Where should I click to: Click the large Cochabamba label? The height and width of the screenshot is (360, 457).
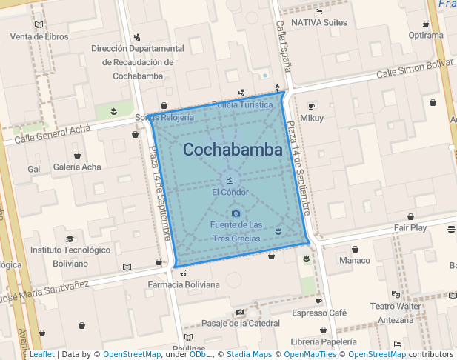(x=233, y=150)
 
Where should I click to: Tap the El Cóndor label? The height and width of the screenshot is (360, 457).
(x=230, y=193)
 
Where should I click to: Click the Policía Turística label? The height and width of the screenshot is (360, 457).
(x=242, y=105)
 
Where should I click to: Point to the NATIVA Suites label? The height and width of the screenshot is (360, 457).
(x=319, y=23)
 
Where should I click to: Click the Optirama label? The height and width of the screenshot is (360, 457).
(x=425, y=36)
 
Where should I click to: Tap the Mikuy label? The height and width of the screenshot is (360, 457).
(x=312, y=119)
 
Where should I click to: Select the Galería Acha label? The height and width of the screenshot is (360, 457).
(x=77, y=167)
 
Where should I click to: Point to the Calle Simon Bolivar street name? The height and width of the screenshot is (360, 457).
(x=414, y=70)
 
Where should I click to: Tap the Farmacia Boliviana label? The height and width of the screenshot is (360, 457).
(x=184, y=285)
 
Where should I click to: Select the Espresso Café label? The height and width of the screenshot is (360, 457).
(x=318, y=313)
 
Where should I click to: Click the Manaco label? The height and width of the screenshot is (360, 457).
(x=354, y=261)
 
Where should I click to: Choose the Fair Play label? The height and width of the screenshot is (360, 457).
(x=410, y=228)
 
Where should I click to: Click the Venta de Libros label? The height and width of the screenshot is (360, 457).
(x=39, y=37)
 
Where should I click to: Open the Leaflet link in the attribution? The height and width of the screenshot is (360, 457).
(x=41, y=355)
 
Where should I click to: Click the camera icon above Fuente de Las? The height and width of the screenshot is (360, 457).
(x=236, y=213)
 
